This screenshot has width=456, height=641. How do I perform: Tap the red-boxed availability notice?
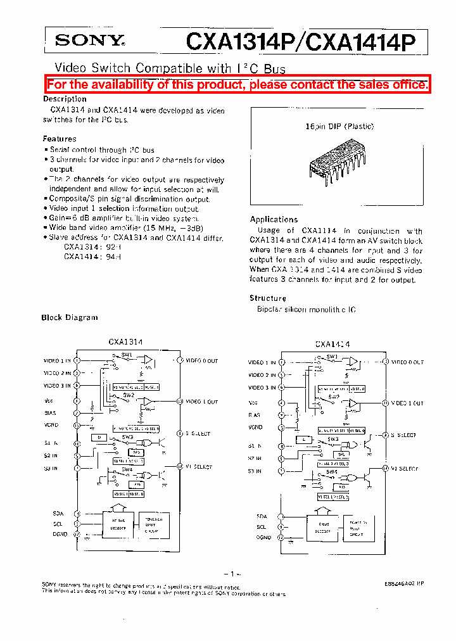[237, 85]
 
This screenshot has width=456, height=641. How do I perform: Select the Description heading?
[65, 99]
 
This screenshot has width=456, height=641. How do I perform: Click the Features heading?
[60, 139]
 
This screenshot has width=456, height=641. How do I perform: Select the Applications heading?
[274, 219]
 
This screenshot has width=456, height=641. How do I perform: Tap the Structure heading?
[268, 298]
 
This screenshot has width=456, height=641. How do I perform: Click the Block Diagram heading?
[70, 317]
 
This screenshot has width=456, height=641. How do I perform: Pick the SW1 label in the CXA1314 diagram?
[127, 355]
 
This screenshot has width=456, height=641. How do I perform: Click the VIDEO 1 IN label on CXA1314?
[58, 361]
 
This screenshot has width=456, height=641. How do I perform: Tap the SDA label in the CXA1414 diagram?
[262, 517]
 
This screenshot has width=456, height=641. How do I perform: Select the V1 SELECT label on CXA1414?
[405, 469]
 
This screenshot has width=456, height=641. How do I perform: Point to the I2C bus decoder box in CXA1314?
[118, 526]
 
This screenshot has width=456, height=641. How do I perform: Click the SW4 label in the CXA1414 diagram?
[331, 471]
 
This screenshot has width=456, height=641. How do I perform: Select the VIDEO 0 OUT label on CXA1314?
[201, 361]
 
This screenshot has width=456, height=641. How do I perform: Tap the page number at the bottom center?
[233, 574]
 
